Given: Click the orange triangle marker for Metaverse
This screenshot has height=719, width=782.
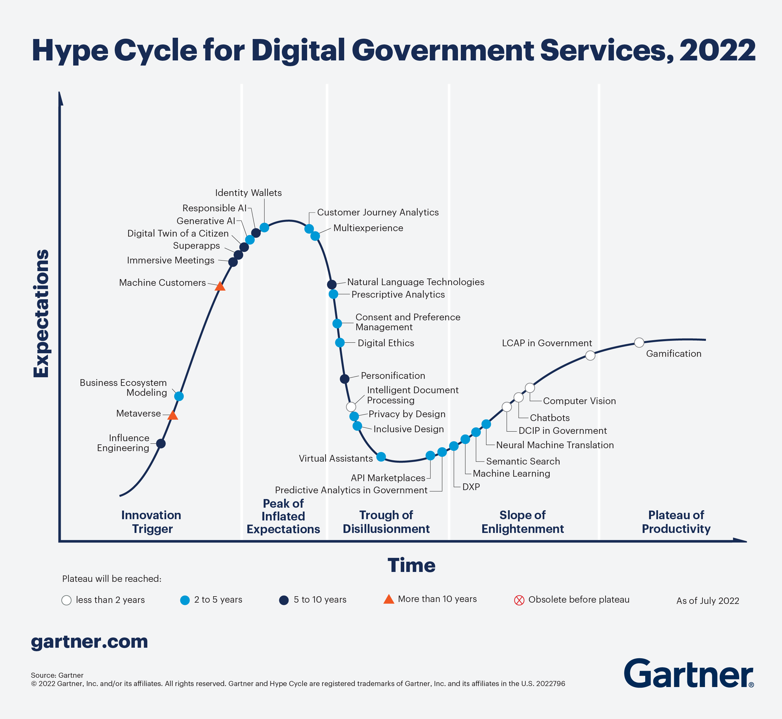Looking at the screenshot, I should coord(173,416).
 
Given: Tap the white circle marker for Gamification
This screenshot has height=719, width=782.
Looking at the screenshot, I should coord(639,342).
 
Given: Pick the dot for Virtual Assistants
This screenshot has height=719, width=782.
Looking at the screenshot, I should coord(381,457).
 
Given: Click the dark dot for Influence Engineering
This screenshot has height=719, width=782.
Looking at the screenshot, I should coord(161,443).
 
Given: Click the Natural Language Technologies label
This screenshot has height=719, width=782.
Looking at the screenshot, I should coord(415,282).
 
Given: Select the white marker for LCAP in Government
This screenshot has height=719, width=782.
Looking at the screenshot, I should coord(590,355).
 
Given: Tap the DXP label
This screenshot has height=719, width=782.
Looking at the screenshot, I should coord(471,487).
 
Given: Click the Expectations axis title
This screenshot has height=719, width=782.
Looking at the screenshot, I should coord(41,313).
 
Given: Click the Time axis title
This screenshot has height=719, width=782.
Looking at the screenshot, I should coord(411,565).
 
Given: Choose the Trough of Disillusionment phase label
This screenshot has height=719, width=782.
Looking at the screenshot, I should coord(386,522).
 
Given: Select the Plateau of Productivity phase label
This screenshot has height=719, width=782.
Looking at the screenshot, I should coord(676,522).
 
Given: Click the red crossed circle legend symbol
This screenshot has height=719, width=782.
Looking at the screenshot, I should coord(519,600).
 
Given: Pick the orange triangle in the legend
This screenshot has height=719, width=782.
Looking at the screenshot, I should coord(389,599).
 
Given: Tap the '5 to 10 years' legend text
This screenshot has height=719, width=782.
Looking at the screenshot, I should coord(320,599).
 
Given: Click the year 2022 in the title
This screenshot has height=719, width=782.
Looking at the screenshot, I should coord(717,50).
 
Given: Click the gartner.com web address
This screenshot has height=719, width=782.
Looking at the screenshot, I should coord(89,642).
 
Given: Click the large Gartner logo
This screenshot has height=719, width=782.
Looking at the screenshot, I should coord(688,674).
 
